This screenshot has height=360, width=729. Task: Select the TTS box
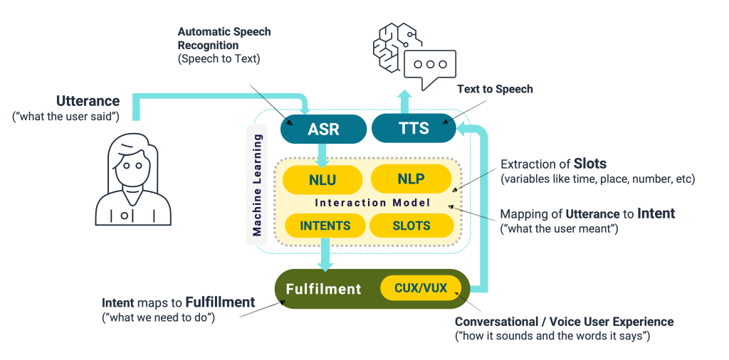tap(414, 128)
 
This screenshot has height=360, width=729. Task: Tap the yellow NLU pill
tap(322, 180)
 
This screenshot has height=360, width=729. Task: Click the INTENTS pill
tap(325, 226)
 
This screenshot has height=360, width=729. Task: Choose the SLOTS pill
tap(411, 226)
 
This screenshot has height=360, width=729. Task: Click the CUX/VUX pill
tap(421, 288)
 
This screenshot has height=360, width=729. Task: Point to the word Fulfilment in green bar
tap(323, 289)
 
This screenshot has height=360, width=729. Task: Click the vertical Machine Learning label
tap(257, 184)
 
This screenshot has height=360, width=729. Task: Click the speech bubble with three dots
tap(429, 66)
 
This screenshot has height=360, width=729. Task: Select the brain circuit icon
tap(394, 46)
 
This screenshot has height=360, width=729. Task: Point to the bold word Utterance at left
tap(88, 101)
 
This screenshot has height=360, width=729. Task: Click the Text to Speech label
tap(495, 89)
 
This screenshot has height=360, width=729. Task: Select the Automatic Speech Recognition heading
tap(224, 38)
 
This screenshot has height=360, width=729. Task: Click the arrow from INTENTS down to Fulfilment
tap(325, 253)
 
